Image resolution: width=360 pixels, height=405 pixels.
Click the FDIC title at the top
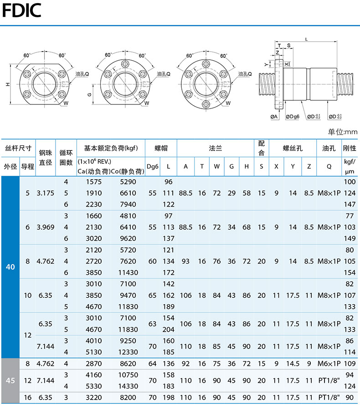click(22, 10)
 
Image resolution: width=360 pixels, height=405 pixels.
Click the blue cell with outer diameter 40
click(10, 267)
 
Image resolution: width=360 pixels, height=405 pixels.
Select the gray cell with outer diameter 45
click(10, 380)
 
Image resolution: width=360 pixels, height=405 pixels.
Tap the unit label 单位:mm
click(342, 132)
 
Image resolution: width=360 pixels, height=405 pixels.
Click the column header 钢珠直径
click(46, 157)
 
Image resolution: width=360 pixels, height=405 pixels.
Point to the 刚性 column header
click(350, 148)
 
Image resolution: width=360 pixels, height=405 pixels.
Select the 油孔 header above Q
click(329, 148)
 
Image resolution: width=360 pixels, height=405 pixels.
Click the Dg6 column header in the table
click(152, 166)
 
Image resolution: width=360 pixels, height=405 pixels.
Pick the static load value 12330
click(128, 352)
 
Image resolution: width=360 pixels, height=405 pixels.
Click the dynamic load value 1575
click(94, 182)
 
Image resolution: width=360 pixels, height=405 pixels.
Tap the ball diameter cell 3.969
click(46, 227)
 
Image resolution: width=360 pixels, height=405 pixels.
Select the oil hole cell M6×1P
click(329, 363)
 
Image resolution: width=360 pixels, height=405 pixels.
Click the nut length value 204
click(169, 330)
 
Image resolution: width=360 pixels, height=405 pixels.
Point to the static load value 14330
click(128, 386)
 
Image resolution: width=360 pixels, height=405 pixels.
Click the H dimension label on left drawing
click(8, 84)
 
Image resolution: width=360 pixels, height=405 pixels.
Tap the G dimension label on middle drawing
click(89, 94)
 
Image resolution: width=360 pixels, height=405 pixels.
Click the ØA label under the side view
click(274, 117)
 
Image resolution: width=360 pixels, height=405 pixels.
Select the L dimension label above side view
click(306, 40)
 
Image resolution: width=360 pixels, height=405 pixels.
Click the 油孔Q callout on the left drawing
click(82, 74)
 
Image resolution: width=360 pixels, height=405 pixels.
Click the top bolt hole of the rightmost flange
click(206, 64)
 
